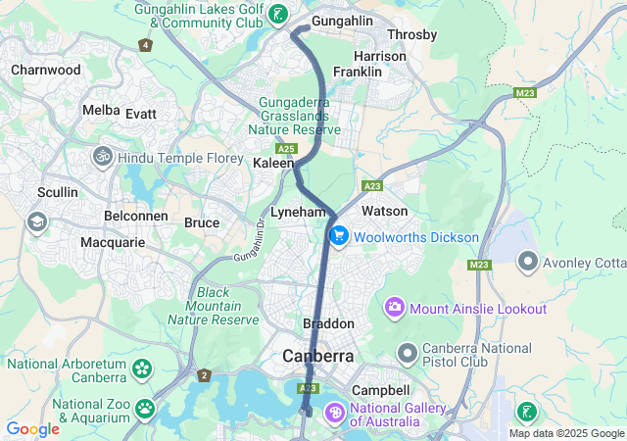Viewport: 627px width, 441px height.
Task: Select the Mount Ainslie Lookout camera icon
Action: tap(396, 309)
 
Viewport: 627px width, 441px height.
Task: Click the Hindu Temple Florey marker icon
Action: tap(102, 157)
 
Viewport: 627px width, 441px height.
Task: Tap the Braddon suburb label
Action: tap(326, 324)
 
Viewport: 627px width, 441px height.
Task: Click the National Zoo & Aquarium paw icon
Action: tap(145, 407)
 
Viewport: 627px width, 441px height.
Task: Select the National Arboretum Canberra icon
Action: tap(143, 369)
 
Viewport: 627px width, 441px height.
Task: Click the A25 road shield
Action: tap(286, 148)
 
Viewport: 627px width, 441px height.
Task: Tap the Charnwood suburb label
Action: tap(45, 71)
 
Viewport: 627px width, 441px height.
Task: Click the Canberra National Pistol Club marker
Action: tap(408, 352)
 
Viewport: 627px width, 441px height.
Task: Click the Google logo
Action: tap(33, 429)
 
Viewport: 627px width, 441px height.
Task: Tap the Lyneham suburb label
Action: tap(298, 212)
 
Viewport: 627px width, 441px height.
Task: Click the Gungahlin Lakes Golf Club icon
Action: tap(280, 14)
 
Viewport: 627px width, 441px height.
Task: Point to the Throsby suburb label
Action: tap(411, 35)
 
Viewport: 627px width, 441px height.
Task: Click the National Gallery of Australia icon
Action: tap(334, 414)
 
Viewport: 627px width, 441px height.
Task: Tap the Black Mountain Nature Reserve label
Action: tap(226, 306)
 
